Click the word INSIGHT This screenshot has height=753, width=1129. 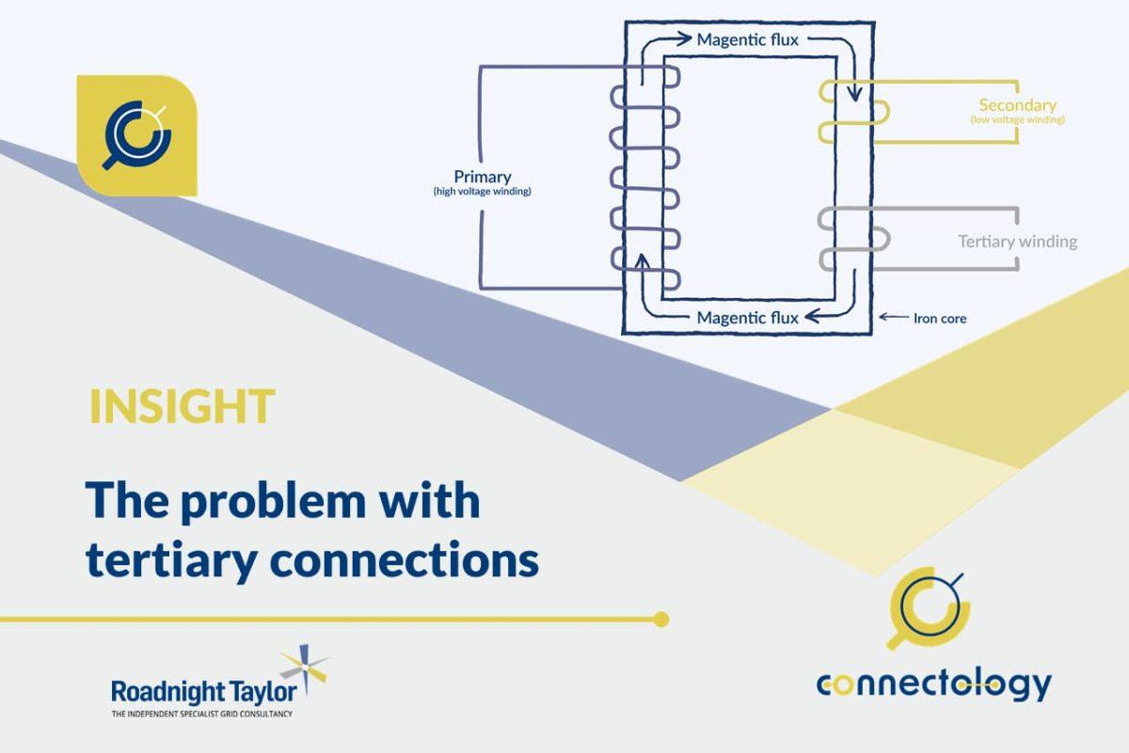[x=182, y=405]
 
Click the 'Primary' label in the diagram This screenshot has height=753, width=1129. [x=482, y=177]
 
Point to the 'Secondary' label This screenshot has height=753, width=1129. [x=1017, y=105]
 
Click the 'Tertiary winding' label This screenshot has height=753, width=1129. [x=1017, y=242]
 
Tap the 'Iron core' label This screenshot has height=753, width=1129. [x=939, y=319]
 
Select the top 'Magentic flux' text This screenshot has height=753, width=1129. [x=747, y=40]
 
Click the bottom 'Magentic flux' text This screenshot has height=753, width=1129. [x=747, y=318]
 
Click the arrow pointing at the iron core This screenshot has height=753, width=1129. [x=894, y=318]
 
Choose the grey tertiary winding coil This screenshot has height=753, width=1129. [x=851, y=239]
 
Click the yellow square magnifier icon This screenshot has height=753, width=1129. [x=136, y=135]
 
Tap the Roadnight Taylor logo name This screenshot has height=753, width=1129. [x=203, y=692]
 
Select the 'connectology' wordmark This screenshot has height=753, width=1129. [x=933, y=683]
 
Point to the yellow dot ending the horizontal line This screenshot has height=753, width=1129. [x=661, y=620]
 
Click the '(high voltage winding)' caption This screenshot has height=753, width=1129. [x=482, y=192]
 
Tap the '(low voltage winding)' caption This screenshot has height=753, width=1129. [x=1017, y=120]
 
